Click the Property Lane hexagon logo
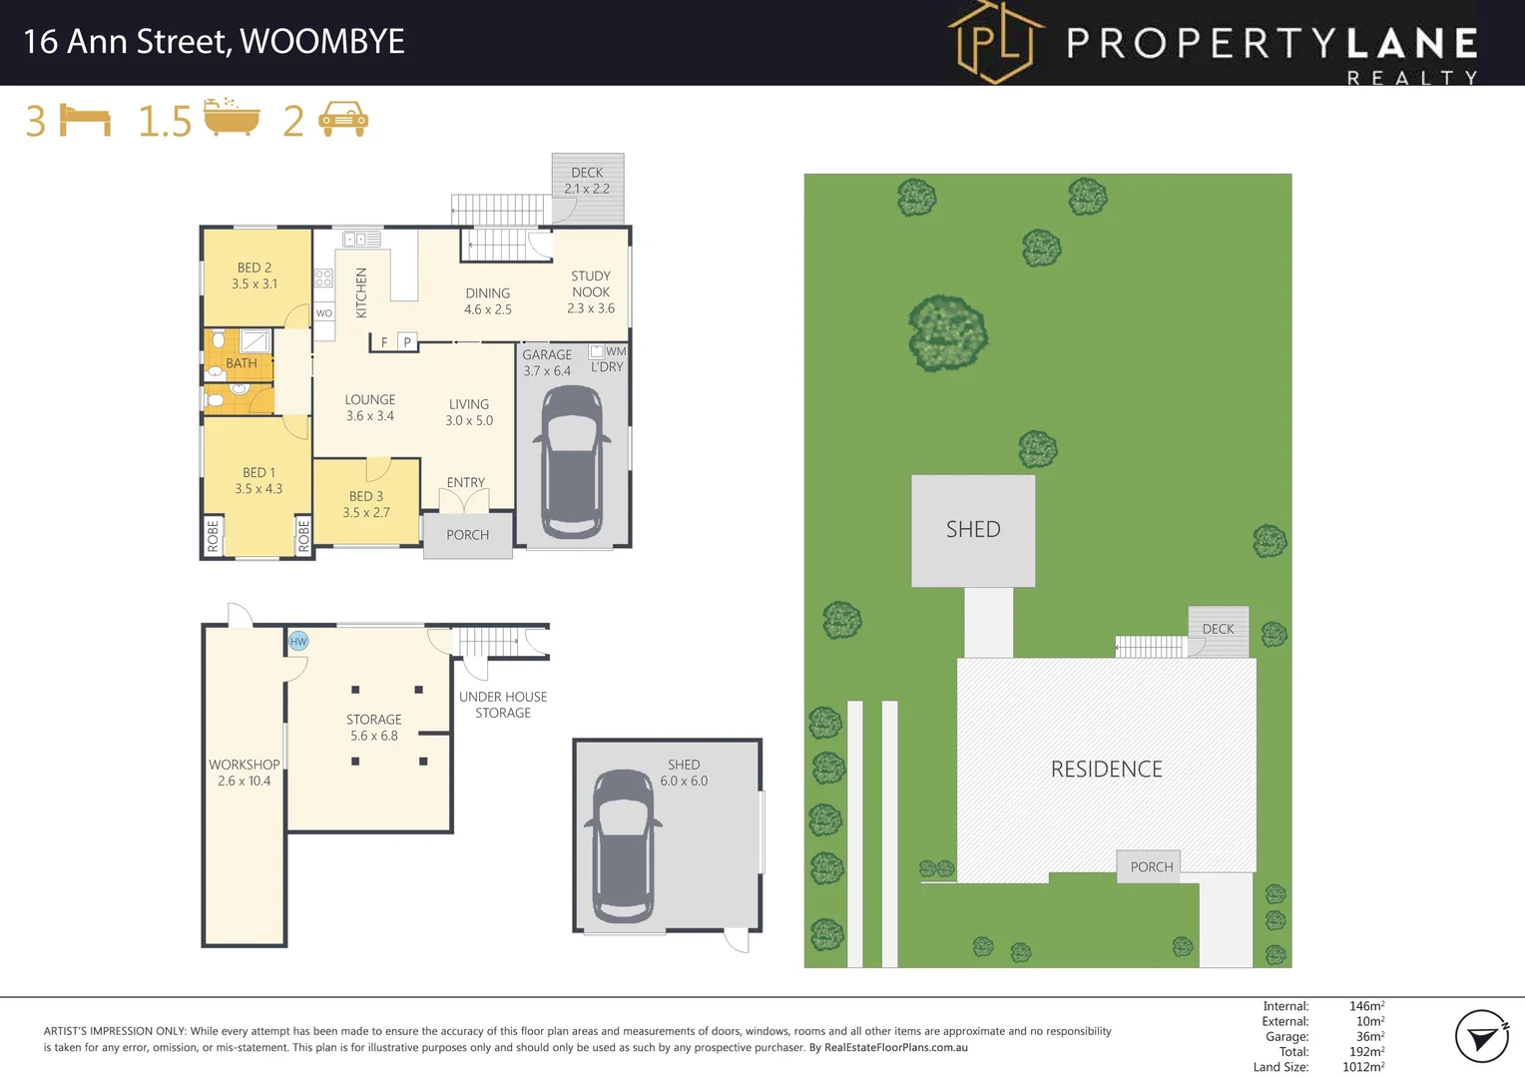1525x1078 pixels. (994, 42)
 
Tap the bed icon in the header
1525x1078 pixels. (85, 121)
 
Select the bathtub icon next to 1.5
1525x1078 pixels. (232, 118)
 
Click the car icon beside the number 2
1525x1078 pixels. (342, 120)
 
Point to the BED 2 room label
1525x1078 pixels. (254, 268)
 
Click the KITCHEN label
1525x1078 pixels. (361, 292)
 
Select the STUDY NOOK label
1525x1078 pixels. (591, 284)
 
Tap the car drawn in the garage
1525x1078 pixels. (571, 461)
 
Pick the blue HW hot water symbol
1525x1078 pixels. (298, 641)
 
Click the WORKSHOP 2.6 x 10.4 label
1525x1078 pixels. (244, 773)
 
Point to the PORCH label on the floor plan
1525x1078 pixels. (467, 535)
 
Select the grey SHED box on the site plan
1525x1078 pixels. (973, 530)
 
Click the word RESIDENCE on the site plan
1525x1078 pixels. (1106, 770)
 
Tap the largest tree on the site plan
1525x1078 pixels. (947, 333)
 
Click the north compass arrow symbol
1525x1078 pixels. (1481, 1037)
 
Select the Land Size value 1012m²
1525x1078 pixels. (1362, 1067)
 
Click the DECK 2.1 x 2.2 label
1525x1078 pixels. (587, 180)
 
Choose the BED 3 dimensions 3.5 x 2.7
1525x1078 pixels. (366, 513)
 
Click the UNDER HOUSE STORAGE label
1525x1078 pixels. (503, 705)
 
